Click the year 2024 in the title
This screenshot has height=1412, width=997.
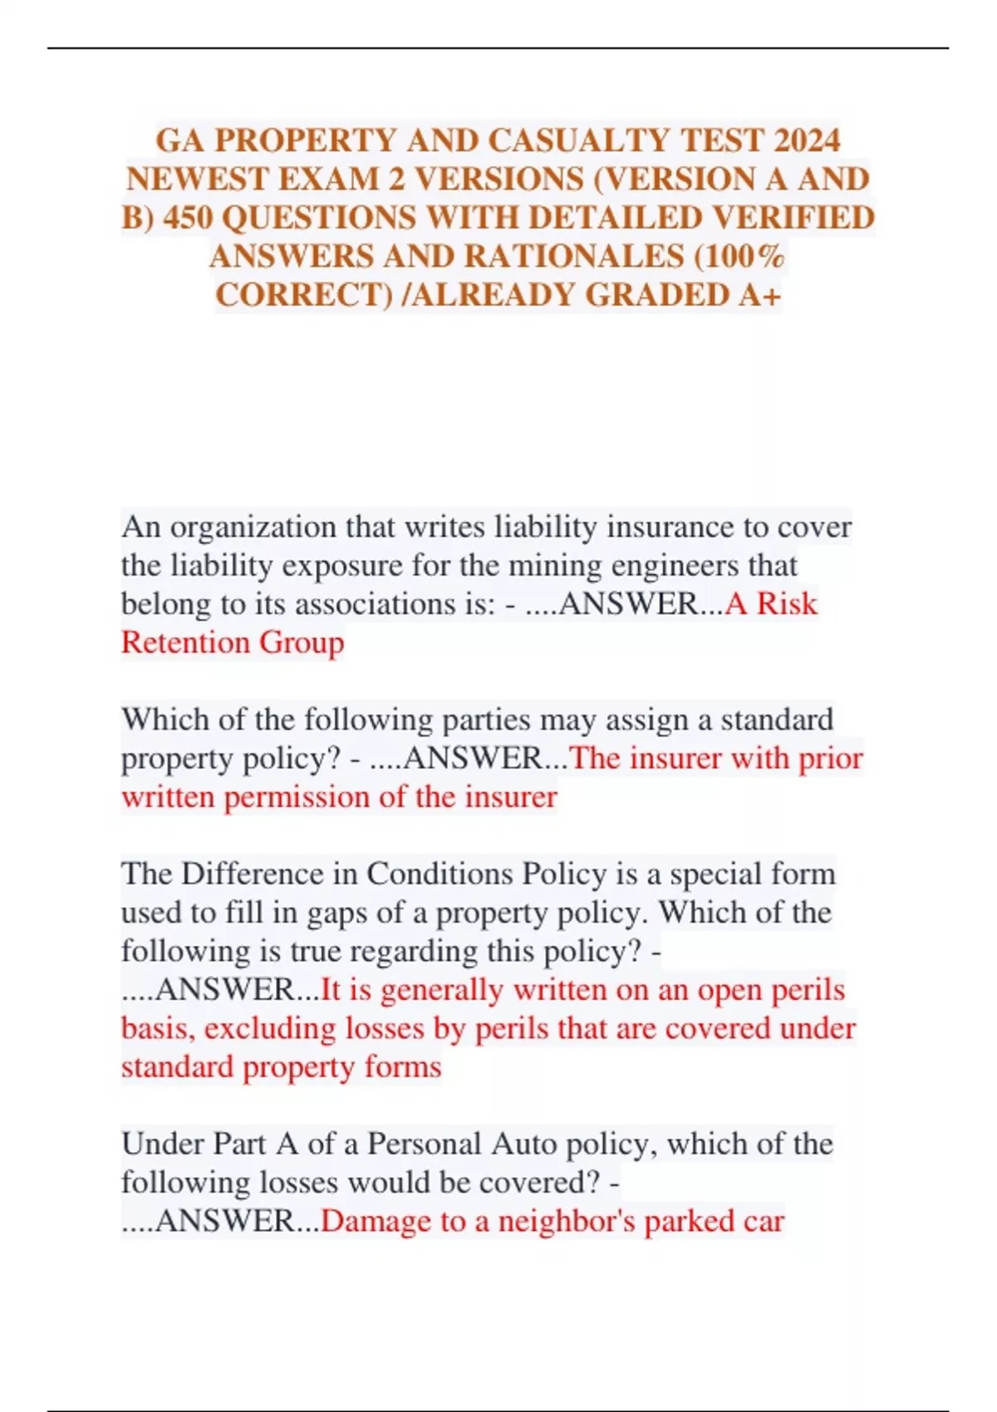click(807, 140)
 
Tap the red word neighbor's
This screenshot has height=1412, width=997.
click(567, 1221)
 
